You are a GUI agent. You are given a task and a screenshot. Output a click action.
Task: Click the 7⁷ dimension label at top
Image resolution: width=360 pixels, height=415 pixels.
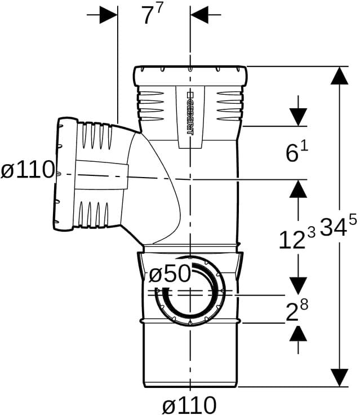pos(152,15)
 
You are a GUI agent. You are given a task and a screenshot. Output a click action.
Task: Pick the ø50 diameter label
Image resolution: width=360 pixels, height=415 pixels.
pos(170,273)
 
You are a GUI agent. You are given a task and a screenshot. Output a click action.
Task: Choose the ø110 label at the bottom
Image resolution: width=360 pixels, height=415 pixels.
pos(189,405)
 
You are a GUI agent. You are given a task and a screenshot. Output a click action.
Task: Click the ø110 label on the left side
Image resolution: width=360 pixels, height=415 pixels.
pos(28,170)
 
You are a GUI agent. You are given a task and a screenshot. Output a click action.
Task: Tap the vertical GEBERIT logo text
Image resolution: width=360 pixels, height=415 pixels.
pos(190,113)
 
